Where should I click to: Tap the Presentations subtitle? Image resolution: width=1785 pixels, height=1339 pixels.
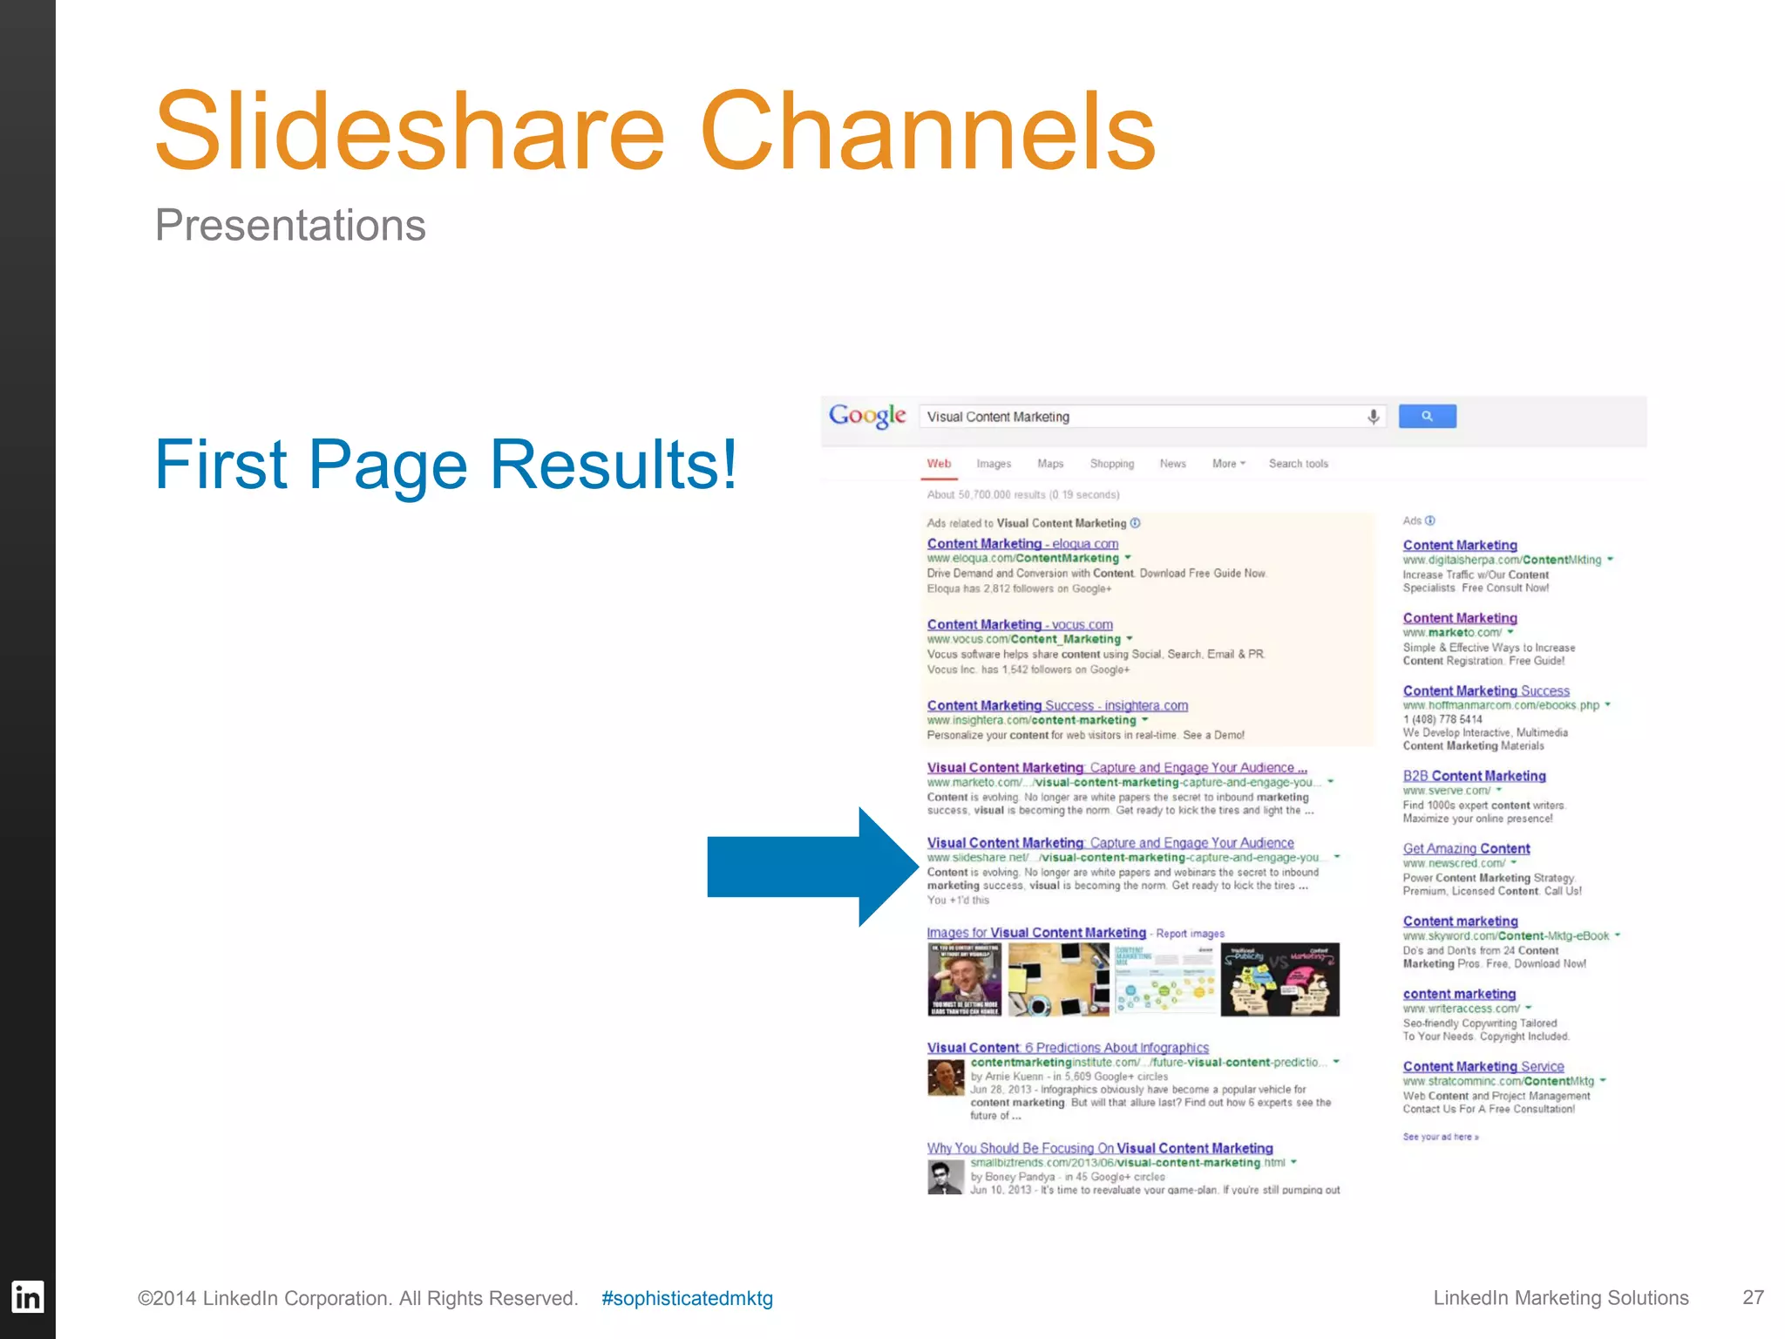(x=290, y=225)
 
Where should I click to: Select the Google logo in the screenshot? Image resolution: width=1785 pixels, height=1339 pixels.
(x=867, y=416)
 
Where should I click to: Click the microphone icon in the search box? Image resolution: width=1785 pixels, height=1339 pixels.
(x=1373, y=417)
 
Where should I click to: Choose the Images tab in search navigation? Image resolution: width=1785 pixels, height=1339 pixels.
(x=994, y=464)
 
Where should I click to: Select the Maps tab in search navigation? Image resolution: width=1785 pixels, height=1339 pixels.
(x=1050, y=464)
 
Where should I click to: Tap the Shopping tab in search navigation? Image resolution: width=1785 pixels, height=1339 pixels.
(x=1112, y=464)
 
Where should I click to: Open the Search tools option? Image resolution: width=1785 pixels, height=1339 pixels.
(x=1299, y=464)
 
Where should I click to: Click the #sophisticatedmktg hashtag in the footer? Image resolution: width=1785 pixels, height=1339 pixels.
(x=687, y=1298)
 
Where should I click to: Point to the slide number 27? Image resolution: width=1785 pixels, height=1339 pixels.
(x=1753, y=1297)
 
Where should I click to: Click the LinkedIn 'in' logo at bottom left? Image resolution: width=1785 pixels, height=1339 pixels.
(x=27, y=1297)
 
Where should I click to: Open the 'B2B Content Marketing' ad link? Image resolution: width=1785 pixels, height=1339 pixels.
(x=1474, y=776)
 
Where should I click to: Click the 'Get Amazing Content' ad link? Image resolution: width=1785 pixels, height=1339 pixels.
(x=1466, y=848)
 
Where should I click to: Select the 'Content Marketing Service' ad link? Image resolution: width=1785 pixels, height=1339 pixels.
(x=1483, y=1066)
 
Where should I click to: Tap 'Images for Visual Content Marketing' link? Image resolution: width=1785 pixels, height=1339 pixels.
(x=1036, y=933)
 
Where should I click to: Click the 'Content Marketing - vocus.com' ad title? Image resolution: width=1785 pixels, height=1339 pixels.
(x=1020, y=624)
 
